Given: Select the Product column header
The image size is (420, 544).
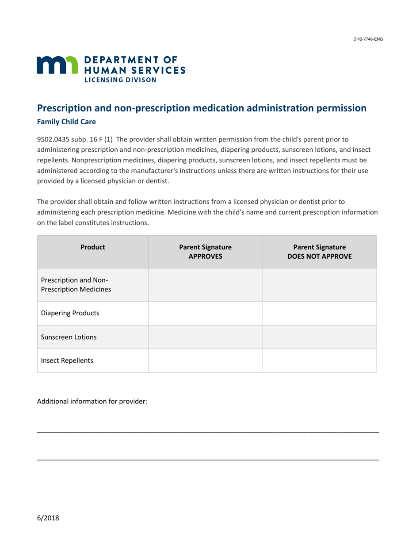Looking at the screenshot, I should (92, 248).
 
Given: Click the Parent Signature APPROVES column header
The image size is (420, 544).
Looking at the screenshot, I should (205, 252).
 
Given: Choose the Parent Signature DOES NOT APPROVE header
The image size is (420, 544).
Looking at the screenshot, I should (319, 252).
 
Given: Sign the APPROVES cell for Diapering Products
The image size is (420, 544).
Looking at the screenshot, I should (205, 313).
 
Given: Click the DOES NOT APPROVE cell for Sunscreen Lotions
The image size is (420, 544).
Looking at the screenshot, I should (319, 337).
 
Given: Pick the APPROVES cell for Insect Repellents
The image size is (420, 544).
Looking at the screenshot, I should (205, 360).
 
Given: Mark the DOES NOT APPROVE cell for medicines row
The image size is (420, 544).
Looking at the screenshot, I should (319, 285).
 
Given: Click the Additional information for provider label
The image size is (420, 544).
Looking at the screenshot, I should (92, 402).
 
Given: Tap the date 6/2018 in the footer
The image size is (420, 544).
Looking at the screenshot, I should (48, 517).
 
